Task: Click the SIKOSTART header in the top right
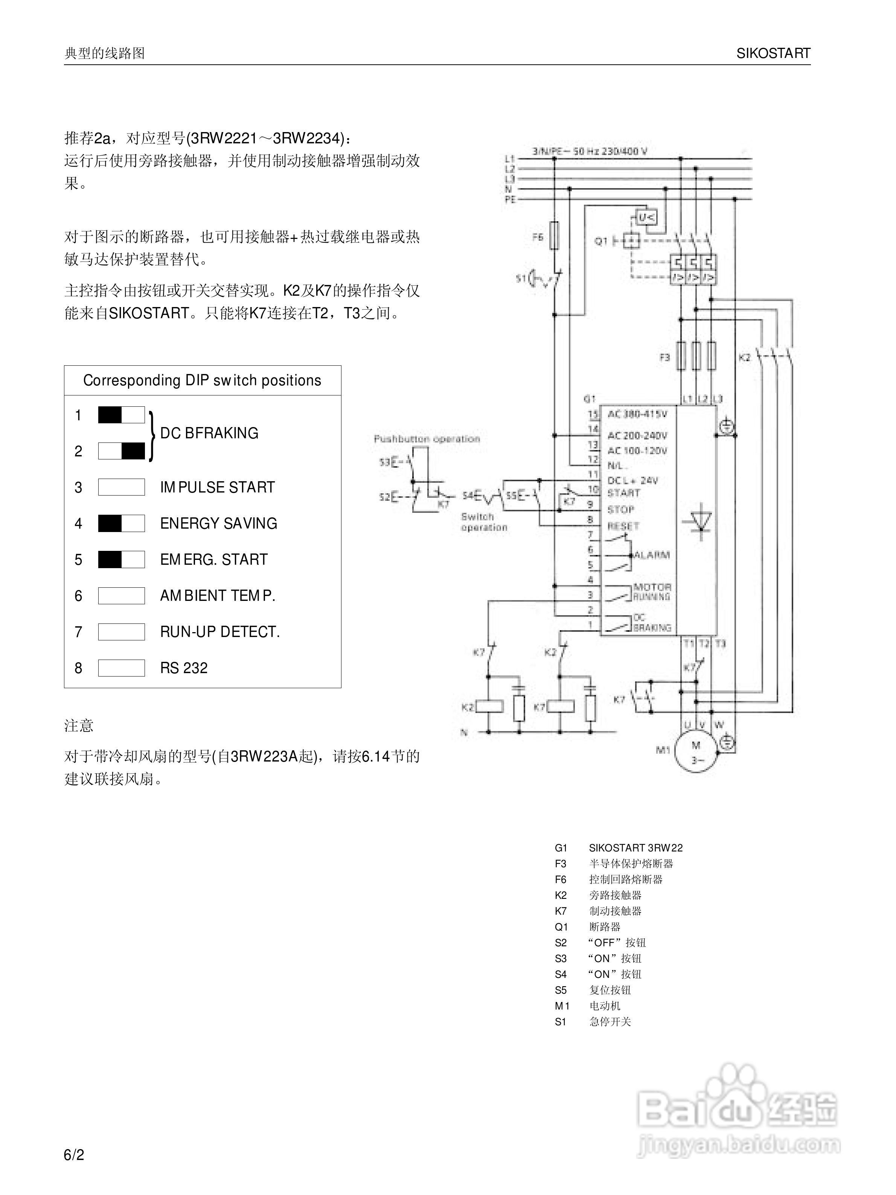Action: tap(773, 53)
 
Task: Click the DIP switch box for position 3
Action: tap(121, 487)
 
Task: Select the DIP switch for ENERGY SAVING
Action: tap(121, 523)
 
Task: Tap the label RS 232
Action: tap(184, 668)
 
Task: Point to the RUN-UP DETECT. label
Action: tap(219, 631)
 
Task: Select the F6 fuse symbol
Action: tap(554, 235)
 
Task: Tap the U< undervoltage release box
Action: tap(646, 217)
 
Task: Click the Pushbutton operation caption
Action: tap(427, 439)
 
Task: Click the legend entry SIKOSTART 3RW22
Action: tap(635, 848)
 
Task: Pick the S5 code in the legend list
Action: tap(561, 990)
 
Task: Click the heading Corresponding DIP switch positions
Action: tap(202, 380)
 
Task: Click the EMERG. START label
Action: tap(213, 559)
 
